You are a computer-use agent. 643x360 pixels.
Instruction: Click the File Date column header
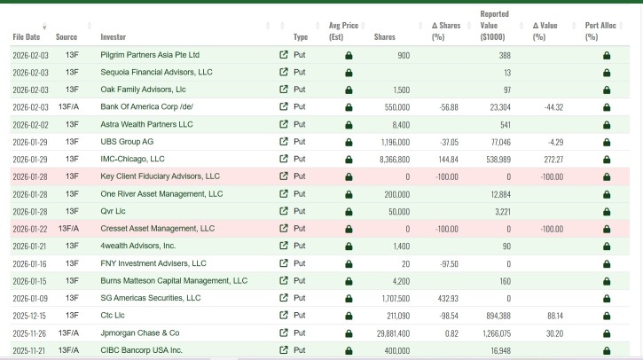click(x=27, y=37)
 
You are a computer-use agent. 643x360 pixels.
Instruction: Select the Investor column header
click(x=114, y=37)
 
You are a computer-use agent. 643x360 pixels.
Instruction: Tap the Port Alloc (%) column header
click(x=600, y=31)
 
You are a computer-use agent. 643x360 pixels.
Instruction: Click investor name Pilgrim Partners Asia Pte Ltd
click(x=150, y=55)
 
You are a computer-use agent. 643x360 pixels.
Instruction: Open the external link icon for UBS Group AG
click(x=283, y=142)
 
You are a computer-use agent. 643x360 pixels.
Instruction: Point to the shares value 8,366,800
click(x=395, y=160)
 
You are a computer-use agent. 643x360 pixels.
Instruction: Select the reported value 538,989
click(x=498, y=160)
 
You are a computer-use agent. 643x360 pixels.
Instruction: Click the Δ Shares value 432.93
click(x=448, y=299)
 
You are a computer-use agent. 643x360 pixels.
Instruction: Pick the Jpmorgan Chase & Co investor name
click(x=140, y=333)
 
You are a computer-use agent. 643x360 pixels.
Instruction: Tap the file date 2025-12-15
click(x=29, y=317)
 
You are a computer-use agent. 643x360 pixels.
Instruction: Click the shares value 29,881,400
click(x=393, y=333)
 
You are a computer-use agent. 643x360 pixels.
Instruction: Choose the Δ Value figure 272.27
click(x=553, y=160)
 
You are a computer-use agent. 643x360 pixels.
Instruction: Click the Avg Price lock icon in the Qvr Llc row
click(x=349, y=212)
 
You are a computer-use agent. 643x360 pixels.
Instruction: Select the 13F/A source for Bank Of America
click(x=68, y=107)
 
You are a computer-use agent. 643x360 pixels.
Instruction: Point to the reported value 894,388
click(x=498, y=317)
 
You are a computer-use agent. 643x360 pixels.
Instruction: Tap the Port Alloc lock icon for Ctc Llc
click(x=607, y=317)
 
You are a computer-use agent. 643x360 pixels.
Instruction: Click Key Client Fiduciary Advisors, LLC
click(x=160, y=176)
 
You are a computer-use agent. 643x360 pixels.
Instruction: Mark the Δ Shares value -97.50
click(x=449, y=264)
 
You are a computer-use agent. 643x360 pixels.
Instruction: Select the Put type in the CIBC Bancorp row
click(x=300, y=350)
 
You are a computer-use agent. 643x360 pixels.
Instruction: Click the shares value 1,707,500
click(x=396, y=299)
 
